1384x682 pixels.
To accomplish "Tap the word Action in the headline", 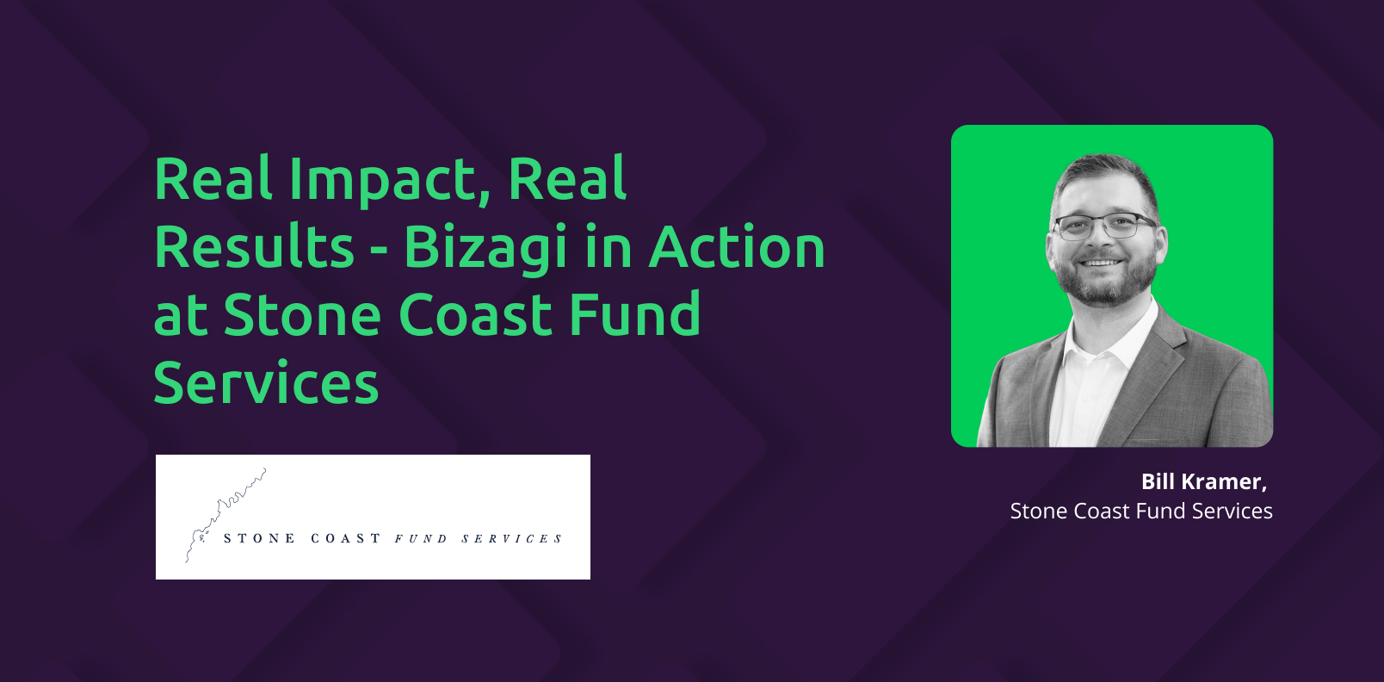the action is tap(737, 247).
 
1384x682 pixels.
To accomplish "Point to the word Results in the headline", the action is tap(254, 247).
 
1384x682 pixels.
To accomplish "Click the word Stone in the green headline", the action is tap(302, 314).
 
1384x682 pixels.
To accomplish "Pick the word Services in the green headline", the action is tap(266, 382).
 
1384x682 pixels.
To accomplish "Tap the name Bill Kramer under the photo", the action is tap(1203, 481).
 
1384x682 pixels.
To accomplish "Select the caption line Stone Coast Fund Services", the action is tap(1141, 512).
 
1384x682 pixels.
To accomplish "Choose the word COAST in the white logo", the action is tap(345, 538).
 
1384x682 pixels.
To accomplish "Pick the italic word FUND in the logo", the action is tap(421, 539).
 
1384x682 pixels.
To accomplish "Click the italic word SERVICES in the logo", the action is tap(511, 539).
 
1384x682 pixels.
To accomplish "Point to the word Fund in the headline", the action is tap(634, 314).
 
